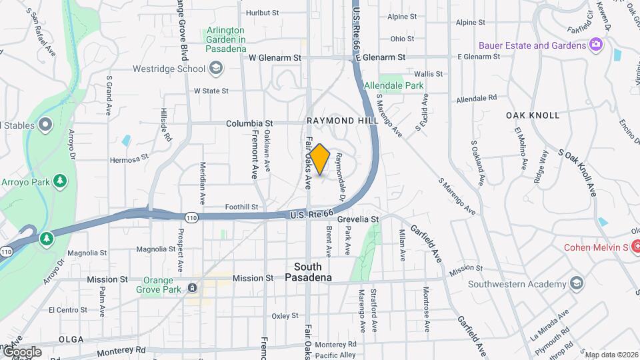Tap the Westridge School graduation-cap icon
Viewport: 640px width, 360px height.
click(x=216, y=68)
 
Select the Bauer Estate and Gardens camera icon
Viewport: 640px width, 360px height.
click(x=595, y=45)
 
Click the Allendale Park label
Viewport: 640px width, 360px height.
click(x=393, y=86)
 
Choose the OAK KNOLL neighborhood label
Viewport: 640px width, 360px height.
click(x=533, y=115)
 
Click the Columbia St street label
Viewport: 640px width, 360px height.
click(x=250, y=123)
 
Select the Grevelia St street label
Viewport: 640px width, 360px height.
click(x=358, y=219)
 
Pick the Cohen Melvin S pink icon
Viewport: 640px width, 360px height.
click(x=636, y=247)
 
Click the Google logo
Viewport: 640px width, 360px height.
click(x=21, y=351)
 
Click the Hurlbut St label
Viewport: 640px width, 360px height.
click(x=262, y=13)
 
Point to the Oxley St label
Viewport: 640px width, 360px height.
click(x=285, y=316)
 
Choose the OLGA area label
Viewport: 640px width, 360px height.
click(x=71, y=339)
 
